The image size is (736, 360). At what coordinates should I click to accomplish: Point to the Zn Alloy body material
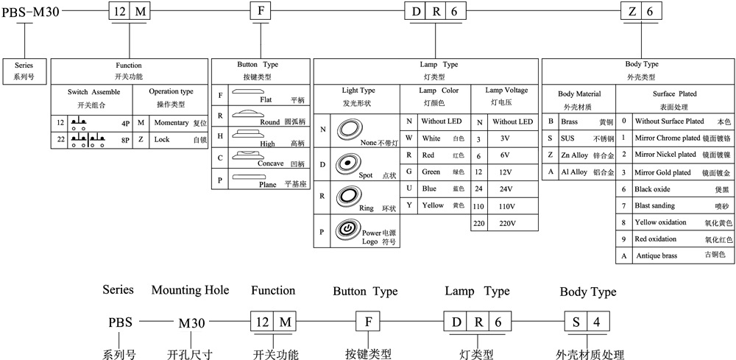(574, 155)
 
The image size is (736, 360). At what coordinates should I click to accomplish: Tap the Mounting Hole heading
(191, 290)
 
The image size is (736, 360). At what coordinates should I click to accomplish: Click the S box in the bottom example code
(574, 322)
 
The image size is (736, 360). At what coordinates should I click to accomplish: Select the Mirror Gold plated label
(663, 172)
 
